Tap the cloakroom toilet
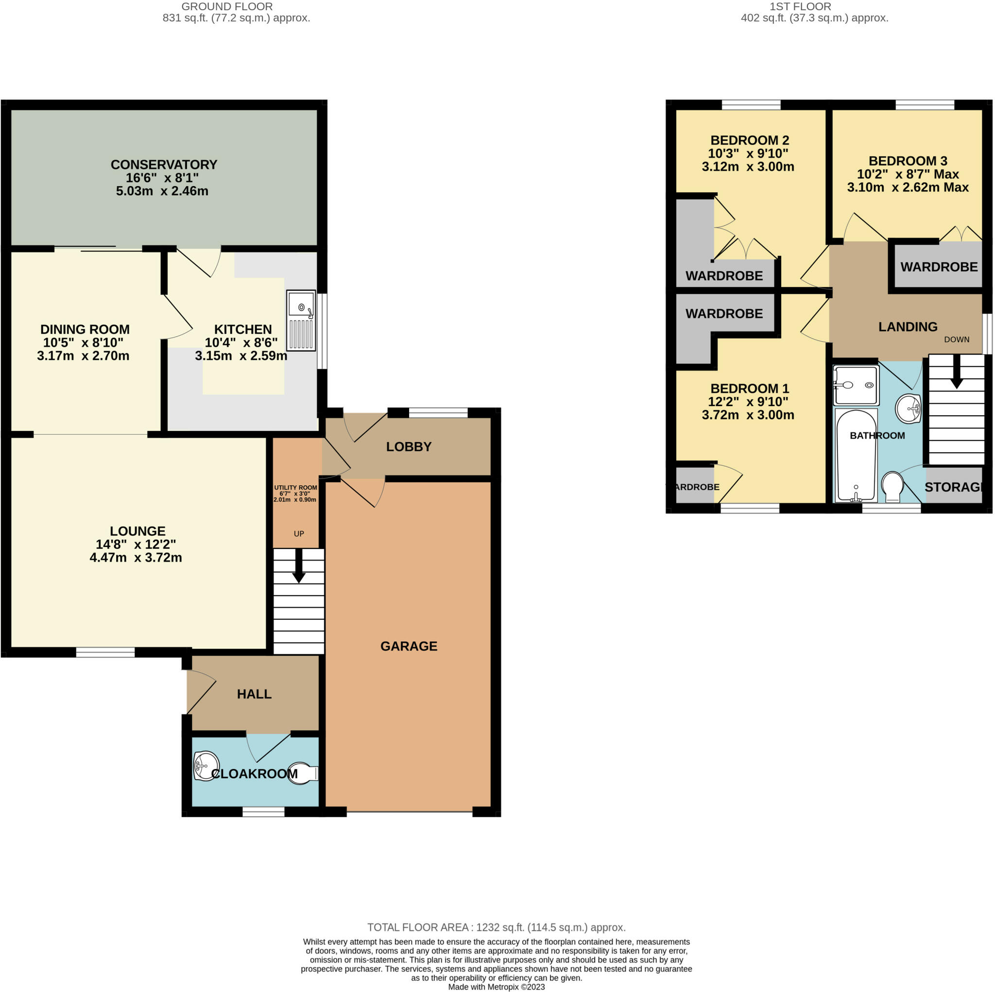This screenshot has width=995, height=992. coord(303,773)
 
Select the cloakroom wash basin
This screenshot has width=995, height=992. coord(206,766)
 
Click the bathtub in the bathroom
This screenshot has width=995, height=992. coord(856,456)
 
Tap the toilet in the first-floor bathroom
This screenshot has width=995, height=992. coord(893,487)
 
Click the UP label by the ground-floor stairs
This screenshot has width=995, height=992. coord(299,533)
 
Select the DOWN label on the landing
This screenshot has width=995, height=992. coord(956,340)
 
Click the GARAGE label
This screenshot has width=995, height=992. coord(409,646)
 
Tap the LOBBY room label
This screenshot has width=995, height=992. coord(409,446)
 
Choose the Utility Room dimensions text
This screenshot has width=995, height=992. coord(295,496)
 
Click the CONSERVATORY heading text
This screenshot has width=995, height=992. coord(164,164)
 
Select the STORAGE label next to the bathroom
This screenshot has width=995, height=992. coord(954,487)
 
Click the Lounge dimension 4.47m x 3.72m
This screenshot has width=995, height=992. coord(136,557)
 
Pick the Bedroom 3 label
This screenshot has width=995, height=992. coord(908,161)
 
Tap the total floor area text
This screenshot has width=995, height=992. coord(497,927)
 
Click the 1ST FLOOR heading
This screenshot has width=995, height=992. coord(800,7)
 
